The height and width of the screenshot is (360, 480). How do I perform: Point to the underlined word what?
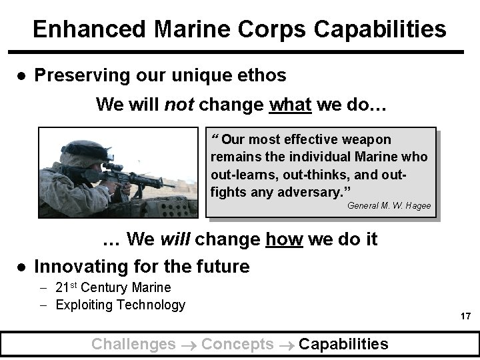coord(289,105)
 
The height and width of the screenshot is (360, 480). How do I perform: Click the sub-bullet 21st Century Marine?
coord(113,288)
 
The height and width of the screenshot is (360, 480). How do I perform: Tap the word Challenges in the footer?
coord(133,344)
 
